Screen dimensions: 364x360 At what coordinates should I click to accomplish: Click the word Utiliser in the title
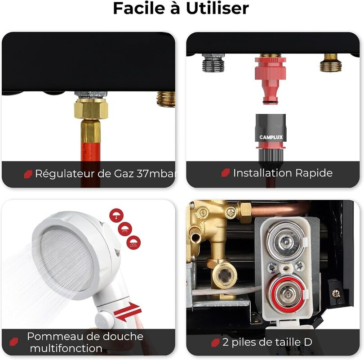(218, 9)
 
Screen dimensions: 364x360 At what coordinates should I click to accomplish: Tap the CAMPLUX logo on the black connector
(271, 137)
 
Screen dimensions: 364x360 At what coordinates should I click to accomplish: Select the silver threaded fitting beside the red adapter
(213, 63)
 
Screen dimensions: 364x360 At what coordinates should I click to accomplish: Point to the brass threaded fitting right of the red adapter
(331, 63)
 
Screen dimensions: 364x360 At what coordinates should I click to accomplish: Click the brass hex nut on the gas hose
(91, 108)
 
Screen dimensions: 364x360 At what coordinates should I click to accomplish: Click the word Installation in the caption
(262, 173)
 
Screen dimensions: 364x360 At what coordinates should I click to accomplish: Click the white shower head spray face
(66, 258)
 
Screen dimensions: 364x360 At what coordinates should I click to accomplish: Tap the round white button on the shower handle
(104, 320)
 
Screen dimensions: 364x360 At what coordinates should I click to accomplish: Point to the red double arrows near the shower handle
(128, 312)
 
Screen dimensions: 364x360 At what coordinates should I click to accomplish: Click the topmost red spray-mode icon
(116, 216)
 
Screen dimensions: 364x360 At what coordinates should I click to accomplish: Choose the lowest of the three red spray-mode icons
(133, 243)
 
